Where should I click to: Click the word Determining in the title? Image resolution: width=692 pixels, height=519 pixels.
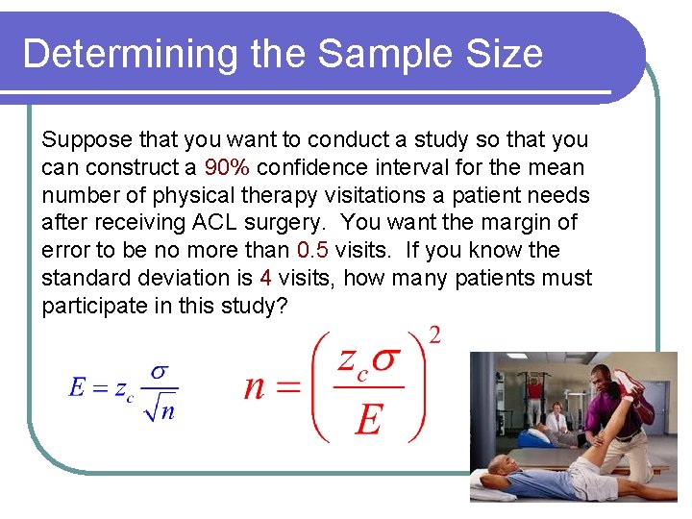tap(131, 54)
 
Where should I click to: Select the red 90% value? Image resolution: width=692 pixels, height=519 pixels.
tap(227, 167)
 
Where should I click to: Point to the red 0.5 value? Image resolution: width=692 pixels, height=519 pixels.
tap(312, 250)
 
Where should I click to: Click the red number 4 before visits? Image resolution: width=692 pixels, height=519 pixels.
tap(264, 278)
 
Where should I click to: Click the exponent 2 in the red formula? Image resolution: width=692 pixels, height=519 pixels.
tap(434, 336)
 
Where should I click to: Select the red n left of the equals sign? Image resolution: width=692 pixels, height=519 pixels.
tap(254, 387)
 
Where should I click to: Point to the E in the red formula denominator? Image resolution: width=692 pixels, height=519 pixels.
tap(368, 419)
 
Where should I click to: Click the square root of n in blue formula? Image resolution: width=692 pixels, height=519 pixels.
tap(160, 410)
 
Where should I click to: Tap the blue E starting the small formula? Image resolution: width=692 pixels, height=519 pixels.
tap(77, 387)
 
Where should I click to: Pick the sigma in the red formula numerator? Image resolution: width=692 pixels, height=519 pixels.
tap(385, 360)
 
